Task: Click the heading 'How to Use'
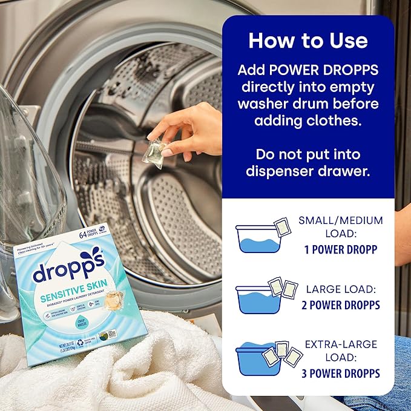click(x=307, y=40)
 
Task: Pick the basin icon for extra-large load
click(x=258, y=360)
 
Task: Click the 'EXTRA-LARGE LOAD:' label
click(x=341, y=350)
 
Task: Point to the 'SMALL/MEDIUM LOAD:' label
click(x=340, y=226)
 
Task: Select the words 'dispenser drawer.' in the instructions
click(x=307, y=171)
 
